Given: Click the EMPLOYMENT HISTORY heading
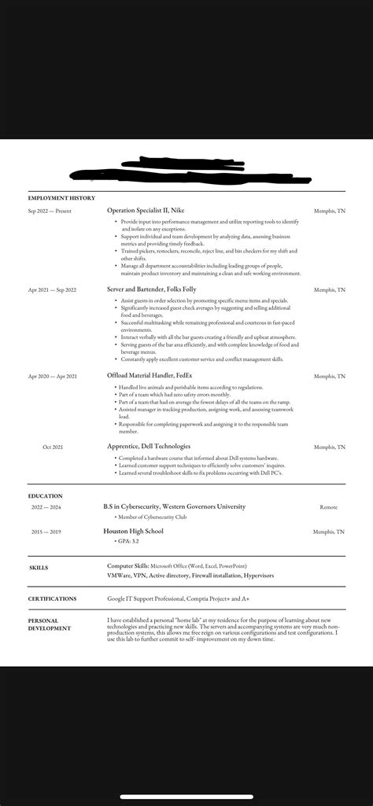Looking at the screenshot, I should (61, 198).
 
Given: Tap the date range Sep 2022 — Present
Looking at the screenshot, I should (50, 212).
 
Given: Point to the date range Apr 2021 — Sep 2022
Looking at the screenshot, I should (52, 290).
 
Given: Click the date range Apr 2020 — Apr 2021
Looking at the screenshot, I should (52, 377).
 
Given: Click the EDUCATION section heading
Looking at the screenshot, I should (45, 496).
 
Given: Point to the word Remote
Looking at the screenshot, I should (328, 507).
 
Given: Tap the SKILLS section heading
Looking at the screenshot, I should (39, 566).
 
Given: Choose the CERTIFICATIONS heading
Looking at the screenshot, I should (52, 598).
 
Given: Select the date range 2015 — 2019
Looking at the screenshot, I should (46, 532).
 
